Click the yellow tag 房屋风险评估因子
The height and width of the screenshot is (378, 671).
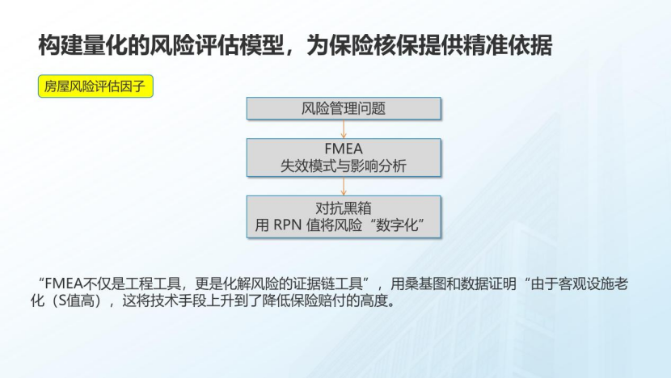pyautogui.click(x=96, y=86)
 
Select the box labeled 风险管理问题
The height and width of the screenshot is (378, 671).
pyautogui.click(x=344, y=108)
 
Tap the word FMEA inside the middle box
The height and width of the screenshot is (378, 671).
pyautogui.click(x=344, y=150)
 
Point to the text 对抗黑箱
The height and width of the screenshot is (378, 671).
pyautogui.click(x=344, y=208)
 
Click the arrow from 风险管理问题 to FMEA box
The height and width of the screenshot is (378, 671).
pyautogui.click(x=344, y=129)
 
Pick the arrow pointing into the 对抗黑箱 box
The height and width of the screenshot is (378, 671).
pyautogui.click(x=344, y=187)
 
